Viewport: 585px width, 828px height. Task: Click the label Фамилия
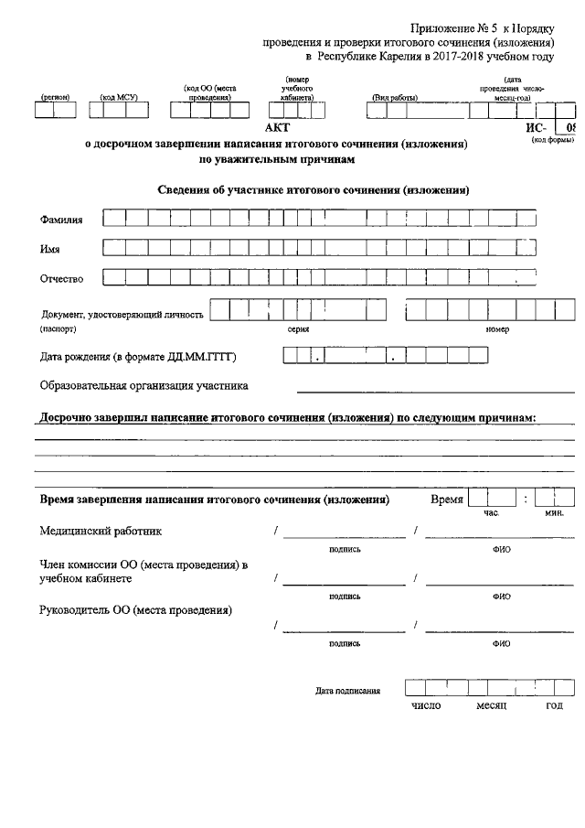61,220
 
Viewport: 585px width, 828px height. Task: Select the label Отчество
62,278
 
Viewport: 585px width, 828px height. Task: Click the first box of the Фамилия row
113,219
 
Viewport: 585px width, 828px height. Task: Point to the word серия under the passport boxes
298,327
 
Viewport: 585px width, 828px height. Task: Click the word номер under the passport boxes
497,327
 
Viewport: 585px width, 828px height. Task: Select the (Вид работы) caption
395,96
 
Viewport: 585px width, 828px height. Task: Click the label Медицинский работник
101,531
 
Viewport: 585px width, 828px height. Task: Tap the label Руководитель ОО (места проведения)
135,610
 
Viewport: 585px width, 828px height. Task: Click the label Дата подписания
347,691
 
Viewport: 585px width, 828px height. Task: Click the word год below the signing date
554,705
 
